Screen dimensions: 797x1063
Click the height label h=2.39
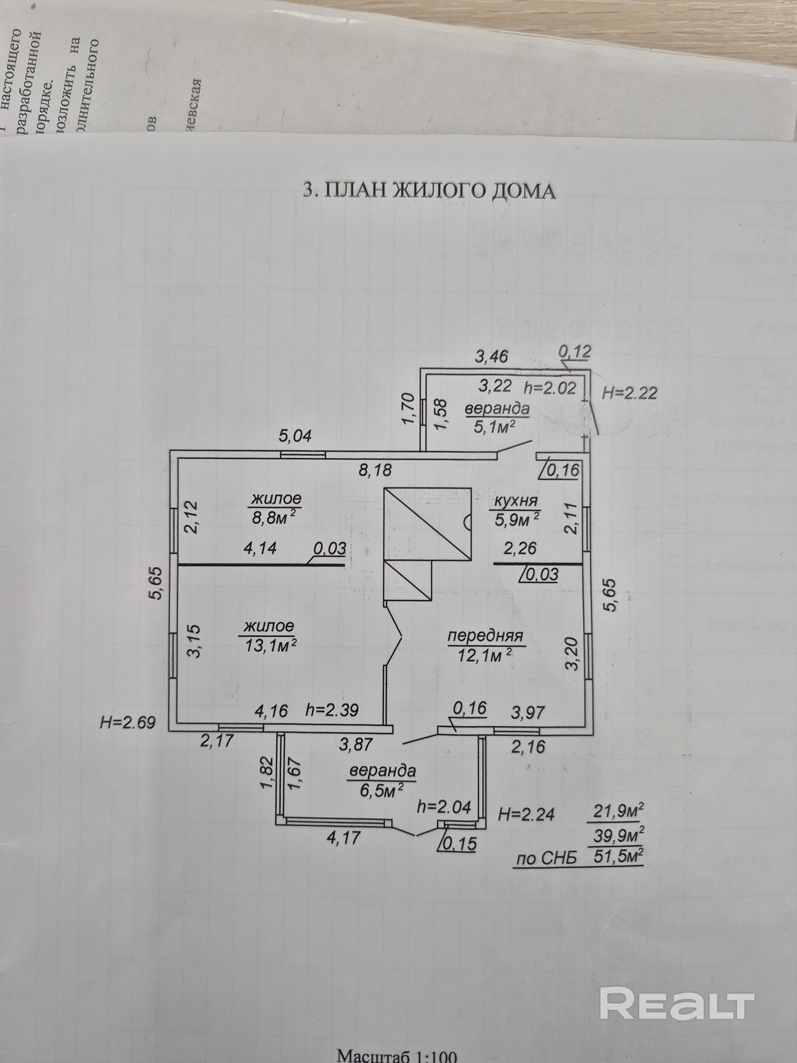(x=332, y=710)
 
